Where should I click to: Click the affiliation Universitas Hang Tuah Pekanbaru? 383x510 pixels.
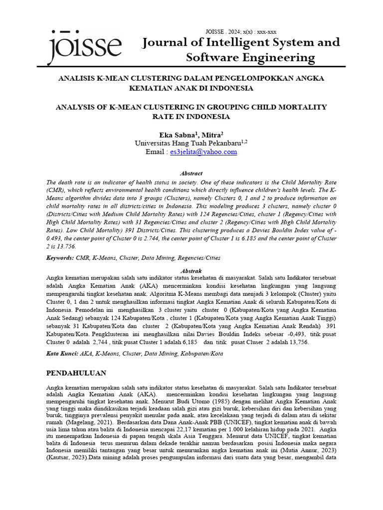point(188,143)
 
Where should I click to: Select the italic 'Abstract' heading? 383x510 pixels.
point(191,173)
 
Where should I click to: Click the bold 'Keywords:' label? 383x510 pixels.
point(59,258)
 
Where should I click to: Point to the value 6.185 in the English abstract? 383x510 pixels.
point(234,239)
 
